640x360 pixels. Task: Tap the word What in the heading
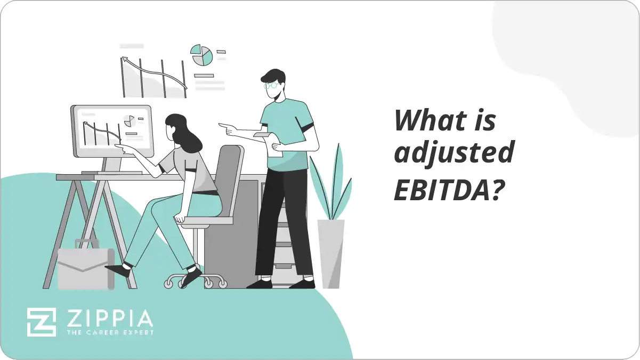point(429,121)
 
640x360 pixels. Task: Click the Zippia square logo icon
point(42,321)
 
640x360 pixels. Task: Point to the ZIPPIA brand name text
point(109,319)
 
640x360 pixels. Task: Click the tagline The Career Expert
point(109,332)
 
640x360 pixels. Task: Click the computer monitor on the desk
point(111,131)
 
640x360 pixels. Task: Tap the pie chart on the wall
point(202,55)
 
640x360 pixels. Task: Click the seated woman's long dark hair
point(182,134)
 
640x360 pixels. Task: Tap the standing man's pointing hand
point(226,128)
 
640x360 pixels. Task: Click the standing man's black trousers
point(283,224)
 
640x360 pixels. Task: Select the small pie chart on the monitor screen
point(128,121)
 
